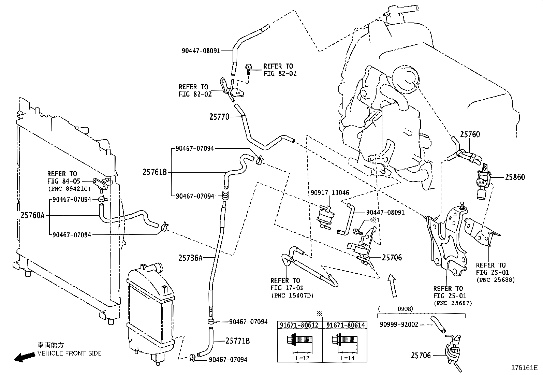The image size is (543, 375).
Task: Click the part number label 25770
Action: coord(219,117)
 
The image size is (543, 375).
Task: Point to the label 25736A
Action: coord(190,258)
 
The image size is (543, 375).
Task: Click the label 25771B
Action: coord(238,341)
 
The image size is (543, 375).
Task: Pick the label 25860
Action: coord(515,177)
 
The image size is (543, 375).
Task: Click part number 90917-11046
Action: coord(329,193)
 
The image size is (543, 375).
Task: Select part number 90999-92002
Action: coord(399,325)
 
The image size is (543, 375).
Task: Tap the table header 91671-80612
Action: coord(299,325)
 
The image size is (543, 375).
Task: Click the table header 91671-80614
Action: coord(345,325)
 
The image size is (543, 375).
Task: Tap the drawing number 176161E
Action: coord(524,368)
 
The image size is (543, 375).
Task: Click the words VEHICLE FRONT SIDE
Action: coord(70,354)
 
